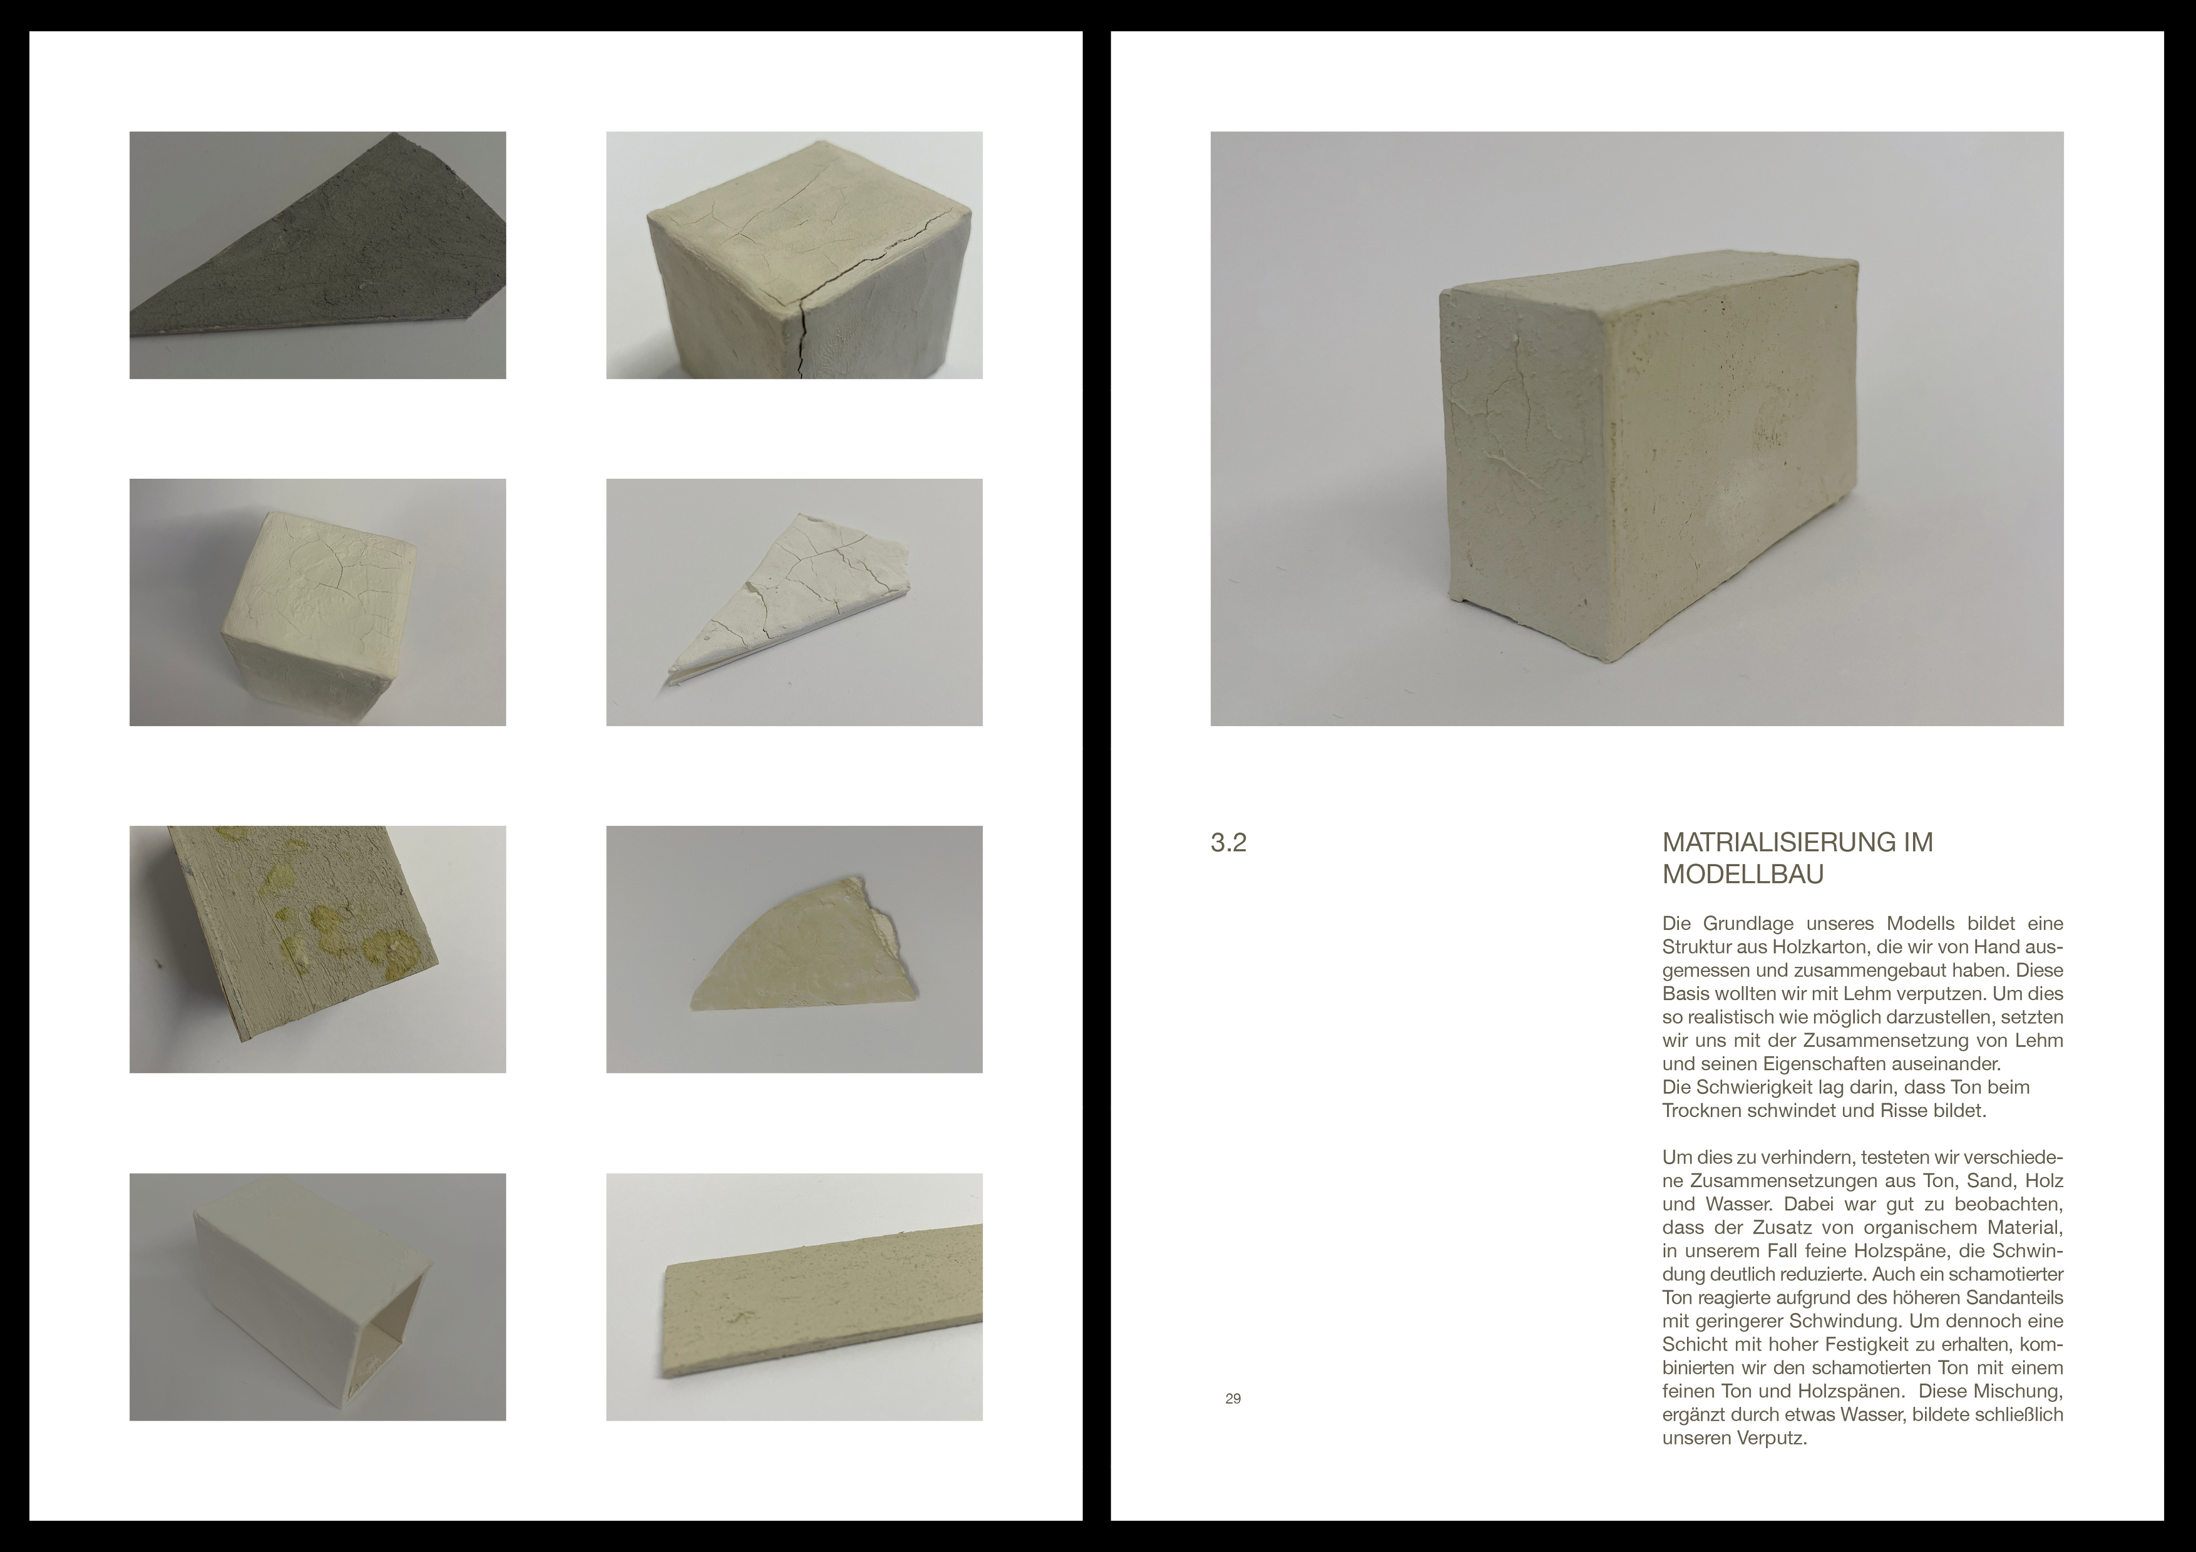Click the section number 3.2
click(1228, 844)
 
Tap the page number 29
click(1233, 1399)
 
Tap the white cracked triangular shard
click(784, 593)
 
